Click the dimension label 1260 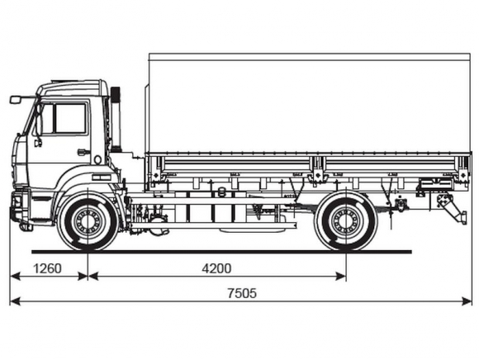(47, 268)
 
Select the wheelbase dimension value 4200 (216, 268)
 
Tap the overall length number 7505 (242, 293)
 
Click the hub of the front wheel (88, 221)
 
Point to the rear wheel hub (346, 221)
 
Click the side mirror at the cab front (15, 100)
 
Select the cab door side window (64, 118)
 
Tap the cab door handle (83, 152)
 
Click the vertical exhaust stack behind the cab (116, 120)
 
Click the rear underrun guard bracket (452, 209)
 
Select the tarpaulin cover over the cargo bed (309, 103)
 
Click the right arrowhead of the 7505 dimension (467, 301)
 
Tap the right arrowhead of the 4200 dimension (341, 277)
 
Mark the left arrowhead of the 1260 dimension (15, 277)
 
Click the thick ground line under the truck (221, 252)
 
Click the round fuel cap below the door (97, 159)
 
